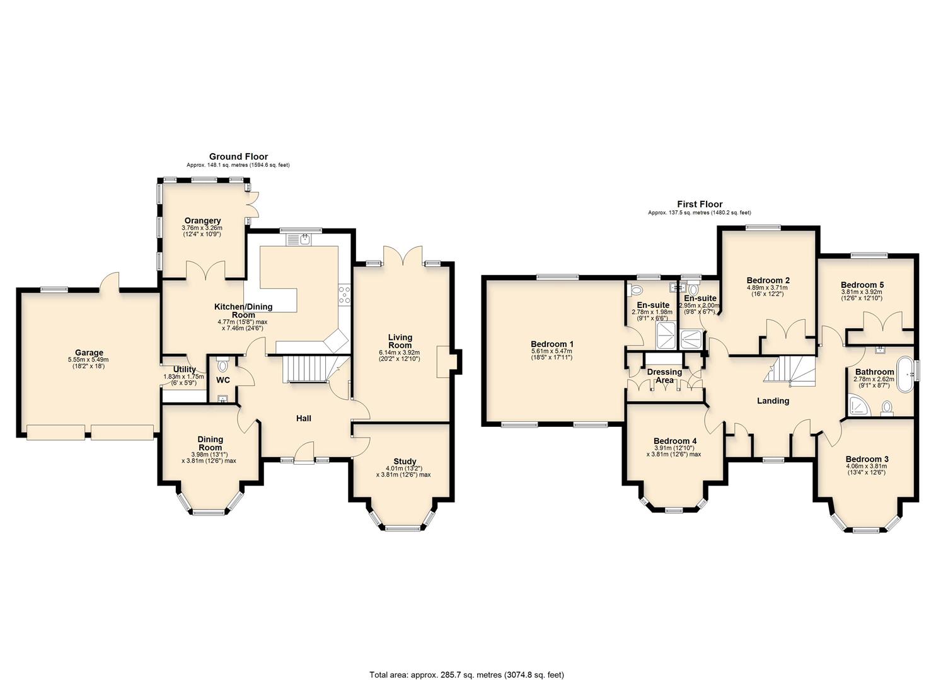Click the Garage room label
pos(89,353)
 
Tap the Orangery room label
pos(202,220)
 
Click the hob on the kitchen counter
pos(345,295)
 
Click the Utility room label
pos(183,370)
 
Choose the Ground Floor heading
pos(238,157)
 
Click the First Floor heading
pos(700,204)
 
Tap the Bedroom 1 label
pos(552,344)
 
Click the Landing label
pos(773,400)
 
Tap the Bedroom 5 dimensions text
pos(862,295)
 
